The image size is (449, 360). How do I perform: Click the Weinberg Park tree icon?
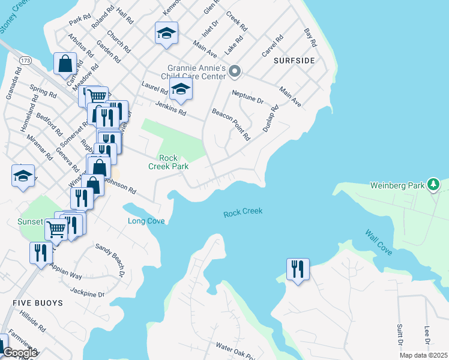(432, 185)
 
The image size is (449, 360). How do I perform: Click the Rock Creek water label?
(243, 212)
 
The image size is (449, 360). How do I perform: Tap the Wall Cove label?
(378, 241)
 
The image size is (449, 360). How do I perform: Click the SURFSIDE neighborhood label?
(294, 61)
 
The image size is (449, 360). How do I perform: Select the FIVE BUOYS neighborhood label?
(38, 303)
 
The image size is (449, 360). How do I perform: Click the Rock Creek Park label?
(169, 162)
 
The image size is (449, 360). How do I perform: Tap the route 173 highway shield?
(25, 61)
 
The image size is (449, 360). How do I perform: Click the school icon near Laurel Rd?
(180, 90)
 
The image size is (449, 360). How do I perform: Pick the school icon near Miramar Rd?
(23, 176)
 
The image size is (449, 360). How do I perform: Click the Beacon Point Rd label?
(231, 124)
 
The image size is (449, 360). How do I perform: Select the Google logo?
(20, 353)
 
